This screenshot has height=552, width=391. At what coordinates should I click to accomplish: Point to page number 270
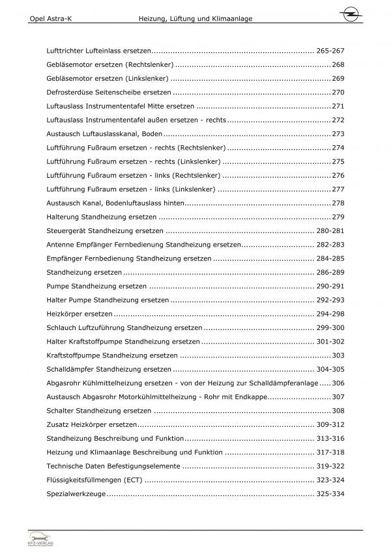tap(338, 92)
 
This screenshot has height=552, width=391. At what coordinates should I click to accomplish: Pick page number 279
tap(338, 217)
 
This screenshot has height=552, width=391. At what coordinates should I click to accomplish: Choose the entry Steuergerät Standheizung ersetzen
tap(102, 231)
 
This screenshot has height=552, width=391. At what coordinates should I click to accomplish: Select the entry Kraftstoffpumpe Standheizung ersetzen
tap(112, 355)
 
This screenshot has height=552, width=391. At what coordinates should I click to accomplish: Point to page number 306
tap(338, 383)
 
